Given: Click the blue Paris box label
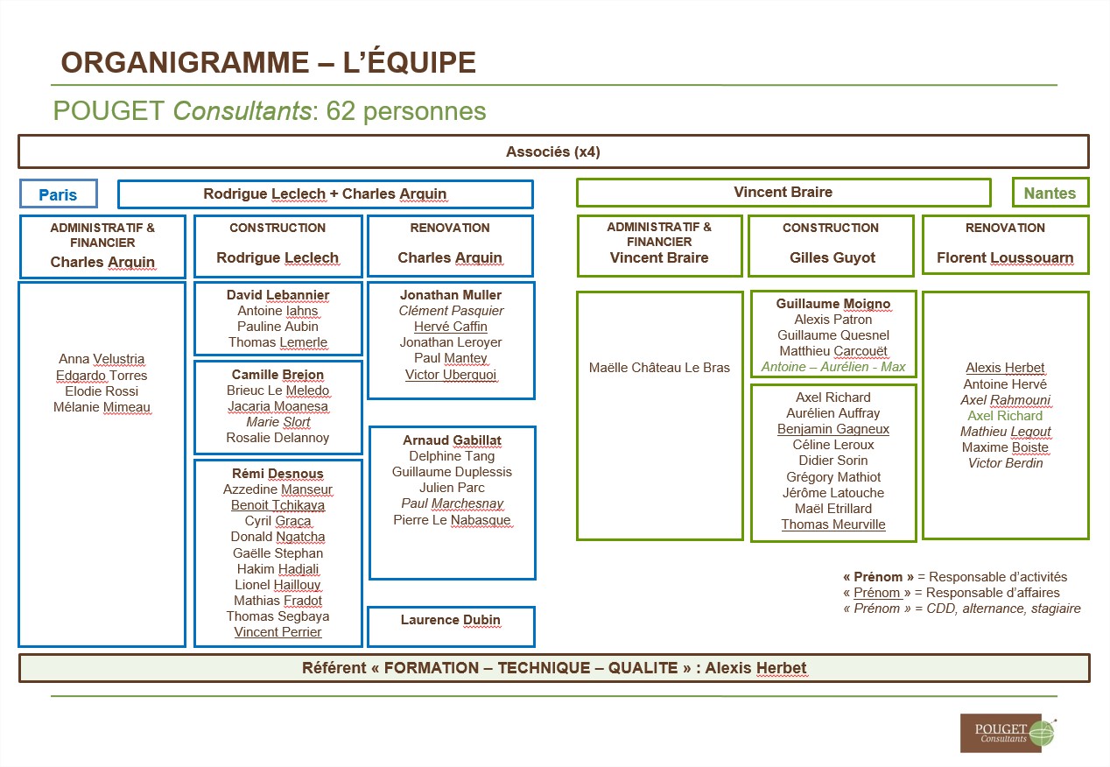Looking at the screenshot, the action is pyautogui.click(x=58, y=194).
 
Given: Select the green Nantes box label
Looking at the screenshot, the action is pyautogui.click(x=1050, y=193).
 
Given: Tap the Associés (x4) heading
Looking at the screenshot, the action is pyautogui.click(x=553, y=151).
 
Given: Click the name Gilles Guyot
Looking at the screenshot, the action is pyautogui.click(x=832, y=257).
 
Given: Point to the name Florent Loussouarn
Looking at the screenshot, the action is pyautogui.click(x=1005, y=257).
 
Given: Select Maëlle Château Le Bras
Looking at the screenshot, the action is pyautogui.click(x=659, y=368).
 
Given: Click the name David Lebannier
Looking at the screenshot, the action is pyautogui.click(x=277, y=295).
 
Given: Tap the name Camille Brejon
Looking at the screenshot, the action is pyautogui.click(x=277, y=375).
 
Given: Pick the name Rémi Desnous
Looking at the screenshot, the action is pyautogui.click(x=277, y=474).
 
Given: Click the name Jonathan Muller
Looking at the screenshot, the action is pyautogui.click(x=451, y=295).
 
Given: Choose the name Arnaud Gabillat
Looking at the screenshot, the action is pyautogui.click(x=452, y=440).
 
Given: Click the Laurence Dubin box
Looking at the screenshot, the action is pyautogui.click(x=451, y=627).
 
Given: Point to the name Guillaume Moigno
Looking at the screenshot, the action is pyautogui.click(x=833, y=303).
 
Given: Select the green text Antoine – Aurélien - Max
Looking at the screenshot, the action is pyautogui.click(x=833, y=367).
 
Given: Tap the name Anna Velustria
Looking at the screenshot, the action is pyautogui.click(x=102, y=359).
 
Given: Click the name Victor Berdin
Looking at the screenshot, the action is pyautogui.click(x=1005, y=463).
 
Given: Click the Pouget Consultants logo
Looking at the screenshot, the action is pyautogui.click(x=1008, y=734).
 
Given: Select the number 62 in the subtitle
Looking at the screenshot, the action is pyautogui.click(x=341, y=110).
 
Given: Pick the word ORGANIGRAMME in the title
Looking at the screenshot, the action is pyautogui.click(x=186, y=62).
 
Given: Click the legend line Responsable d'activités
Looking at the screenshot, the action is pyautogui.click(x=955, y=577).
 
